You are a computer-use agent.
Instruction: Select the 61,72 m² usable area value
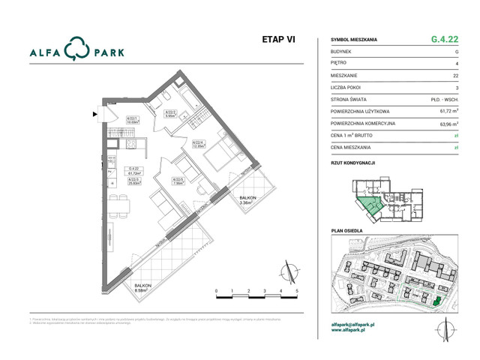[447, 111]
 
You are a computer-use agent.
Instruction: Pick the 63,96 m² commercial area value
[447, 123]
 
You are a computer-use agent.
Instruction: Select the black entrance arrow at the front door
[94, 115]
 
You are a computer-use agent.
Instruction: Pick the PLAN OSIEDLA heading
[348, 232]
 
